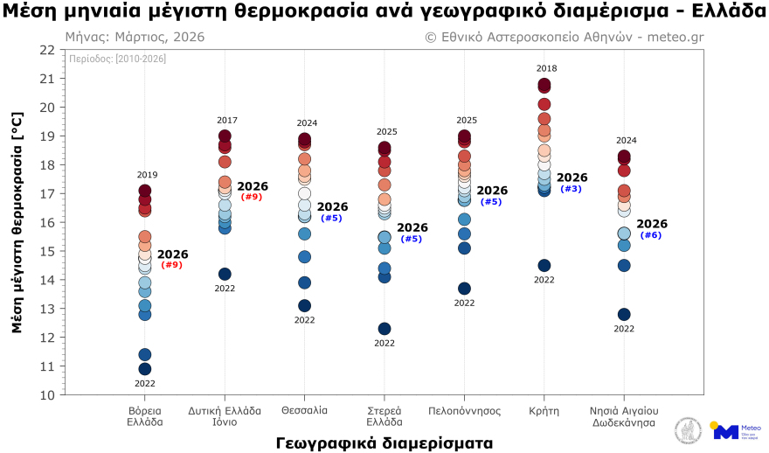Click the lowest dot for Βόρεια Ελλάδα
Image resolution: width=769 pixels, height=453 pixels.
145,369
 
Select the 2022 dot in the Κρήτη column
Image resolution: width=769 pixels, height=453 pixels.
544,266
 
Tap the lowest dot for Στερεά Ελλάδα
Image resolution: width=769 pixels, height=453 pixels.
384,329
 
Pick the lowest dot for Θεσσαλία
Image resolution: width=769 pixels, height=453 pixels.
304,306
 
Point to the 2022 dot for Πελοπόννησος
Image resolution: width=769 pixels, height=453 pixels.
465,289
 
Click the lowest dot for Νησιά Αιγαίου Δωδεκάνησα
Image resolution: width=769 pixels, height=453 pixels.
624,315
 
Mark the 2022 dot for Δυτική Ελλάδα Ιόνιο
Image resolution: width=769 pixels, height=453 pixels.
225,275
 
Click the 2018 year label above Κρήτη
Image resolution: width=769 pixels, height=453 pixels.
547,68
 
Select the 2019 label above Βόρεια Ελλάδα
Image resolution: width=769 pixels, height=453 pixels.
148,175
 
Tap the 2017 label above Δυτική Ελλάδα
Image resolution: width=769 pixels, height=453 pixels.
227,120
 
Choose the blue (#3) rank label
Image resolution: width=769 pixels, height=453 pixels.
571,189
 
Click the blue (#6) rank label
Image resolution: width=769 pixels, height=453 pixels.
651,235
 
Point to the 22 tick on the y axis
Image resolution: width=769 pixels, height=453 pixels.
47,50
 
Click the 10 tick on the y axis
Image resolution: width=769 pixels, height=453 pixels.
47,395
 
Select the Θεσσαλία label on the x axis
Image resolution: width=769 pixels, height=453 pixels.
305,410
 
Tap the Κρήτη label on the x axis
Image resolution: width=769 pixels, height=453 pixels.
544,410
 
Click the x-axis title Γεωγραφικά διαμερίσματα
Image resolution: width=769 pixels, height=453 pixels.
384,442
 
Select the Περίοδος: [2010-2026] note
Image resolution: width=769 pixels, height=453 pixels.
118,59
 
